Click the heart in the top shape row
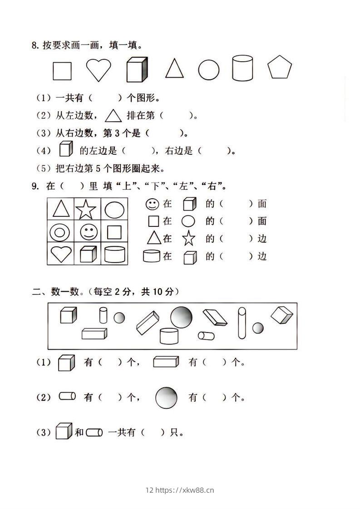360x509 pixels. pos(99,70)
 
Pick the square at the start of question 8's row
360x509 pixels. pos(62,71)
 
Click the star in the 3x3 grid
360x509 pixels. pos(86,210)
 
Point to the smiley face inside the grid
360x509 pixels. pos(89,232)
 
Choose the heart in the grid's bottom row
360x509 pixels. pos(61,254)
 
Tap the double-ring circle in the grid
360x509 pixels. pos(59,233)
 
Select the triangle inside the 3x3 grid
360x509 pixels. pos(61,209)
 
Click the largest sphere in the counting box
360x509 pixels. pos(181,317)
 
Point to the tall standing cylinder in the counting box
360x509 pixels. pos(242,323)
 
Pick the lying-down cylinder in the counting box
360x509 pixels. pos(206,336)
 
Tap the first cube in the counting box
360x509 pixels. pos(68,315)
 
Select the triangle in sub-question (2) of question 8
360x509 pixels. pos(113,116)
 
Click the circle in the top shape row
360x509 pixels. pos(208,70)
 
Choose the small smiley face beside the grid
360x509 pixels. pos(152,204)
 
